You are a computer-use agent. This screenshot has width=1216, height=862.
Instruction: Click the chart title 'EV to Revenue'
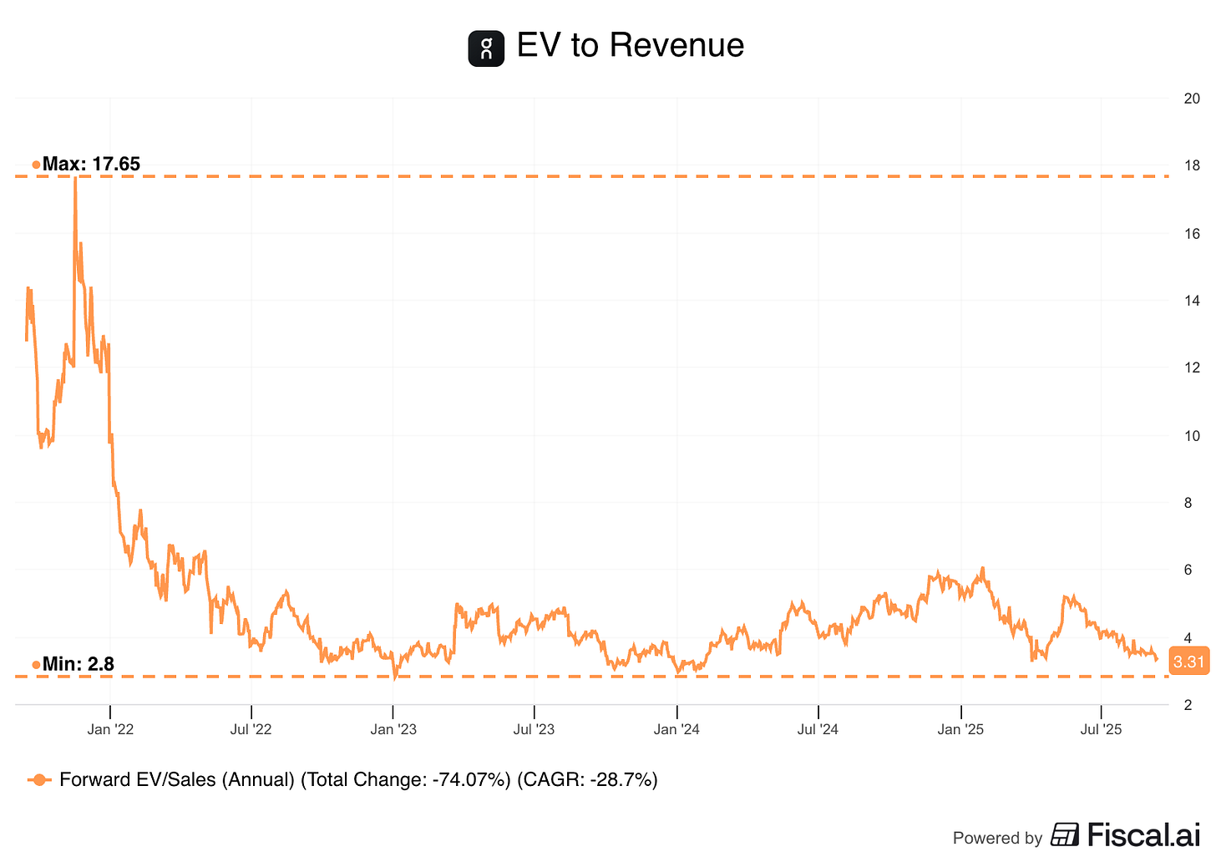click(x=630, y=45)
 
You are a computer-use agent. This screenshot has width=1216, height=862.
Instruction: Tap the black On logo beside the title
click(x=486, y=48)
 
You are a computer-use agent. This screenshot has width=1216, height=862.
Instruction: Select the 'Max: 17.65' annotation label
click(x=91, y=164)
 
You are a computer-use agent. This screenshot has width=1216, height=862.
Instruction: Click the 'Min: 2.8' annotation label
click(x=78, y=664)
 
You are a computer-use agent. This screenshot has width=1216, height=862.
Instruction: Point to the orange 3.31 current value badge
click(x=1188, y=662)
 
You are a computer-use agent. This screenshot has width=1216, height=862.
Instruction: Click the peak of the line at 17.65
click(x=75, y=179)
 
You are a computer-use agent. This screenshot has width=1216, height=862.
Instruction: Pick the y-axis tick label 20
click(x=1192, y=99)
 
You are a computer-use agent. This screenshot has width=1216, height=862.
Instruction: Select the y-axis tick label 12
click(x=1192, y=368)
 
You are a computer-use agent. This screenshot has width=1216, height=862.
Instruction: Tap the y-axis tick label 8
click(x=1188, y=503)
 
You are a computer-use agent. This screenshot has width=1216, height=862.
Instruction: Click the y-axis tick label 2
click(x=1188, y=705)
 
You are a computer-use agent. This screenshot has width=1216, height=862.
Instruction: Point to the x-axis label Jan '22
click(x=110, y=729)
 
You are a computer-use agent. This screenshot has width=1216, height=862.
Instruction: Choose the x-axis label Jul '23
click(x=534, y=729)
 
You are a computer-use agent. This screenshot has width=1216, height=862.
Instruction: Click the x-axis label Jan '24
click(x=676, y=729)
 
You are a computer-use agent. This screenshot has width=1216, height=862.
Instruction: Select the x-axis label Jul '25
click(x=1101, y=729)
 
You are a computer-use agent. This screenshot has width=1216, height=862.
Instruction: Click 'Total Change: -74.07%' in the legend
click(x=406, y=780)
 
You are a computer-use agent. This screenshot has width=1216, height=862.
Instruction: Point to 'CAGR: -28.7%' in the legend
click(x=587, y=780)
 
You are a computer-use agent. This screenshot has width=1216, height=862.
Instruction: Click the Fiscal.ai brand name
click(x=1143, y=834)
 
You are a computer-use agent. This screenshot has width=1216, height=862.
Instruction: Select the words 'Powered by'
click(x=997, y=838)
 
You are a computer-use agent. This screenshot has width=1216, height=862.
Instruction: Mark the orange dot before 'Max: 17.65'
click(x=36, y=165)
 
